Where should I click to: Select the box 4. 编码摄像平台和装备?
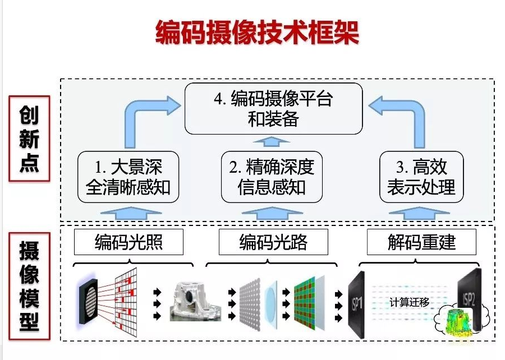(x=273, y=109)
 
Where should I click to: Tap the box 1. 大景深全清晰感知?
(x=128, y=177)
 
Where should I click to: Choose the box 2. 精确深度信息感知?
(x=272, y=177)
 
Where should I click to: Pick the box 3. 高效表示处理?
(x=421, y=177)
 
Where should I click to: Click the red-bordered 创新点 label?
(x=29, y=138)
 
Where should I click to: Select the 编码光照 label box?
(x=128, y=243)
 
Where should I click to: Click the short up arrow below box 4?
(x=273, y=140)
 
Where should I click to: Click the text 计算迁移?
(x=410, y=302)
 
